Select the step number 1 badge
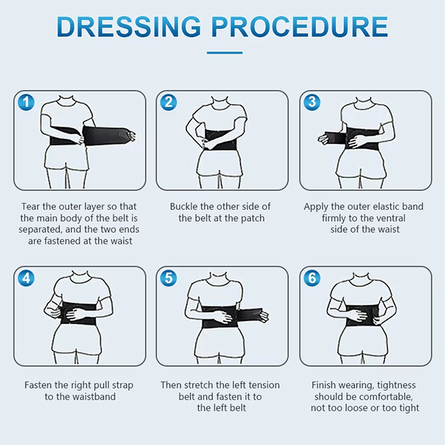point(26,102)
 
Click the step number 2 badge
point(168,102)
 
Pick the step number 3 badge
point(312,102)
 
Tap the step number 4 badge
point(26,278)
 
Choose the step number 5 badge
point(168,278)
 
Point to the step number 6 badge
point(312,278)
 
